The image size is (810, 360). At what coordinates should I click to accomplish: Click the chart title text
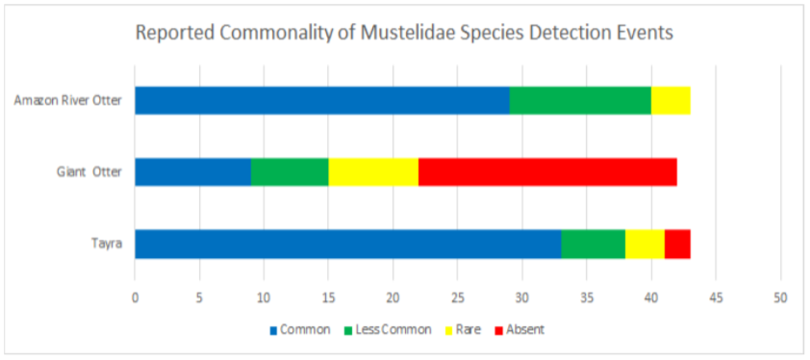point(404,33)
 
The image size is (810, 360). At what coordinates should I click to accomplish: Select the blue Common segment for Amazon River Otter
point(321,100)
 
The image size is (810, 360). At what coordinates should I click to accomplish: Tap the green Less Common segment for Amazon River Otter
point(580,100)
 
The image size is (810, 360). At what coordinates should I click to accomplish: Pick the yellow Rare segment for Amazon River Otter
point(671,100)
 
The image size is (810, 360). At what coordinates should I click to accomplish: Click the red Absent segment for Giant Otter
point(547,172)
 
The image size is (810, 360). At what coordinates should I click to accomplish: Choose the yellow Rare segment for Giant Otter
point(373,172)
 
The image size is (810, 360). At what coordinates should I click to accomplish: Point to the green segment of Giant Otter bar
point(290,172)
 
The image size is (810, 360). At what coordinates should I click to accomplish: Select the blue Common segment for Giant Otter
point(192,172)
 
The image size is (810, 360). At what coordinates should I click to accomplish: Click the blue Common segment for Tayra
point(347,244)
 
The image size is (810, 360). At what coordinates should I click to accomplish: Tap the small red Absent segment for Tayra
point(677,244)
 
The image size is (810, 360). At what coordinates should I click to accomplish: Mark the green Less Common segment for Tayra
point(593,244)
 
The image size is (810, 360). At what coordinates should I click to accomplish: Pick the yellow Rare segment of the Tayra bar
point(645,244)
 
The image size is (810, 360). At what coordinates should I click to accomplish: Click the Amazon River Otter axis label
point(67,101)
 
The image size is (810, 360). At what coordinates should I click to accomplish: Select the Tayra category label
point(107,244)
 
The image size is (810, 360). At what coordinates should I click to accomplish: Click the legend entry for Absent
point(519,329)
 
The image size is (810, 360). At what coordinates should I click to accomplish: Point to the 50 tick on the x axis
point(780,296)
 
